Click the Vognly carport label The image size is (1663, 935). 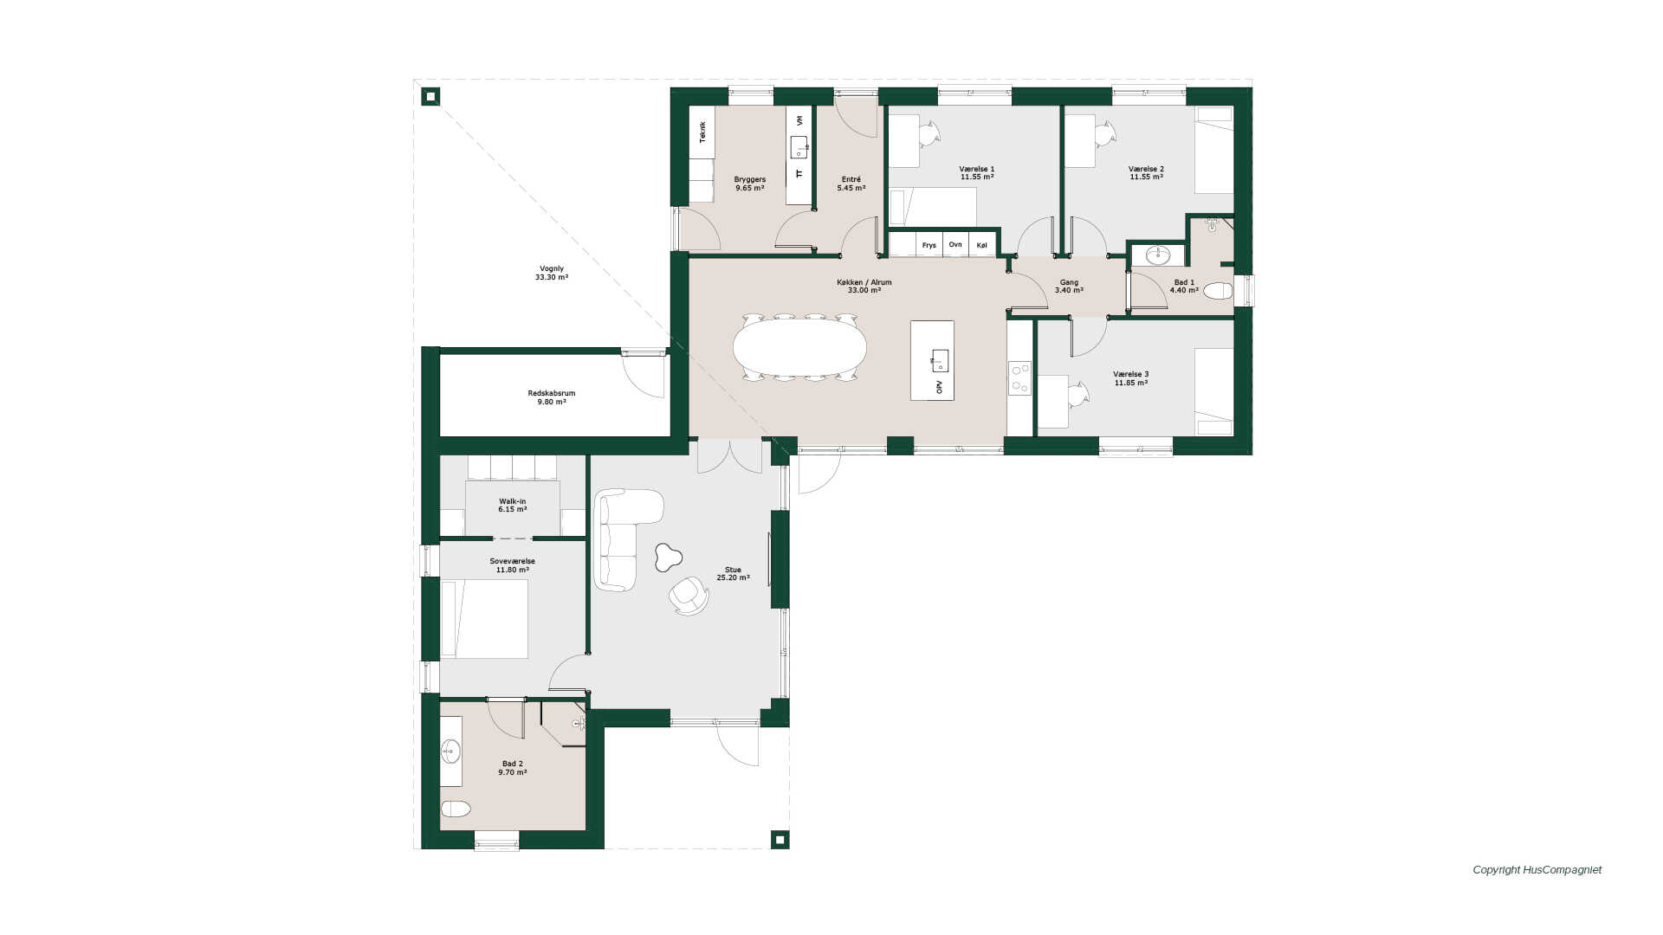click(x=551, y=273)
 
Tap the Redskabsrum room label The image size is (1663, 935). click(x=552, y=397)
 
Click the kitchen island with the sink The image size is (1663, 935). click(x=932, y=360)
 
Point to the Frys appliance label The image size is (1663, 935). click(x=929, y=245)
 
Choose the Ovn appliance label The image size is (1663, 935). click(x=955, y=244)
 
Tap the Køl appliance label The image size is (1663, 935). click(x=981, y=245)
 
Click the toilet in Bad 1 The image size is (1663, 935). click(x=1218, y=291)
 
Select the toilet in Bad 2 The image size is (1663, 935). click(x=456, y=809)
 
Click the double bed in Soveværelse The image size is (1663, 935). click(x=484, y=619)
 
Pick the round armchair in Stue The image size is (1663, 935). click(x=689, y=595)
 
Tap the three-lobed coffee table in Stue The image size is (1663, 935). click(x=665, y=558)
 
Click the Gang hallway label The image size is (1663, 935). click(x=1069, y=286)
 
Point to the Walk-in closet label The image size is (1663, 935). click(x=512, y=505)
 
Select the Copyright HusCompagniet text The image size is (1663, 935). click(x=1537, y=870)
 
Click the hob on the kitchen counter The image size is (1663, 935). click(x=1019, y=378)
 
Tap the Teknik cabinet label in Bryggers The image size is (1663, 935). click(x=702, y=132)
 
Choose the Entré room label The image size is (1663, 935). click(x=851, y=184)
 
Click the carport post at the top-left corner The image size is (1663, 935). click(x=430, y=96)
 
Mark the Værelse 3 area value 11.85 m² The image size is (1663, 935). click(x=1131, y=383)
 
